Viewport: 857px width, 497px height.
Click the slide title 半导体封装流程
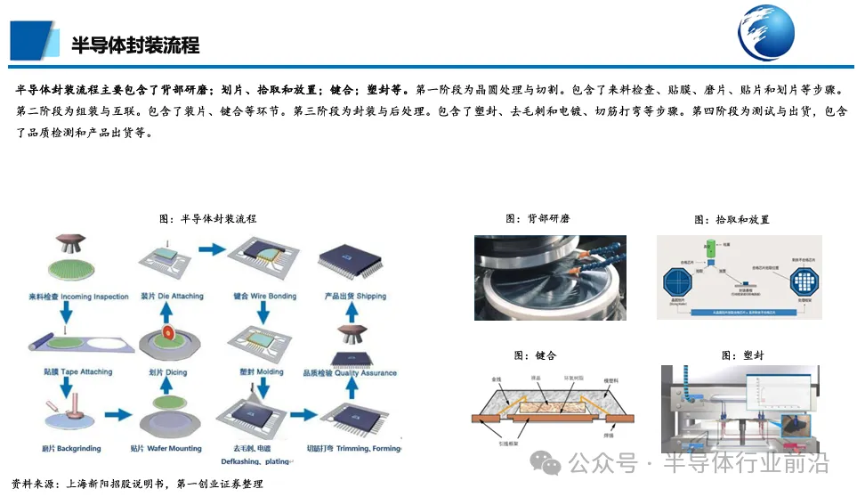tap(135, 45)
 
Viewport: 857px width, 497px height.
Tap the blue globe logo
tap(765, 32)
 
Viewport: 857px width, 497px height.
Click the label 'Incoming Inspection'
tap(83, 297)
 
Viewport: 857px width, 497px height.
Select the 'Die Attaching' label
tap(172, 297)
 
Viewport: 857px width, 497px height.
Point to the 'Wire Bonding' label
tap(262, 297)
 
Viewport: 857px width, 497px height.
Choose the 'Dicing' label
tap(169, 373)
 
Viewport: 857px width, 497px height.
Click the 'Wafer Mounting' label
tap(166, 449)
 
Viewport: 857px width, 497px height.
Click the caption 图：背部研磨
tap(538, 218)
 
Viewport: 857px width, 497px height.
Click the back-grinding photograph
tap(550, 277)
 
